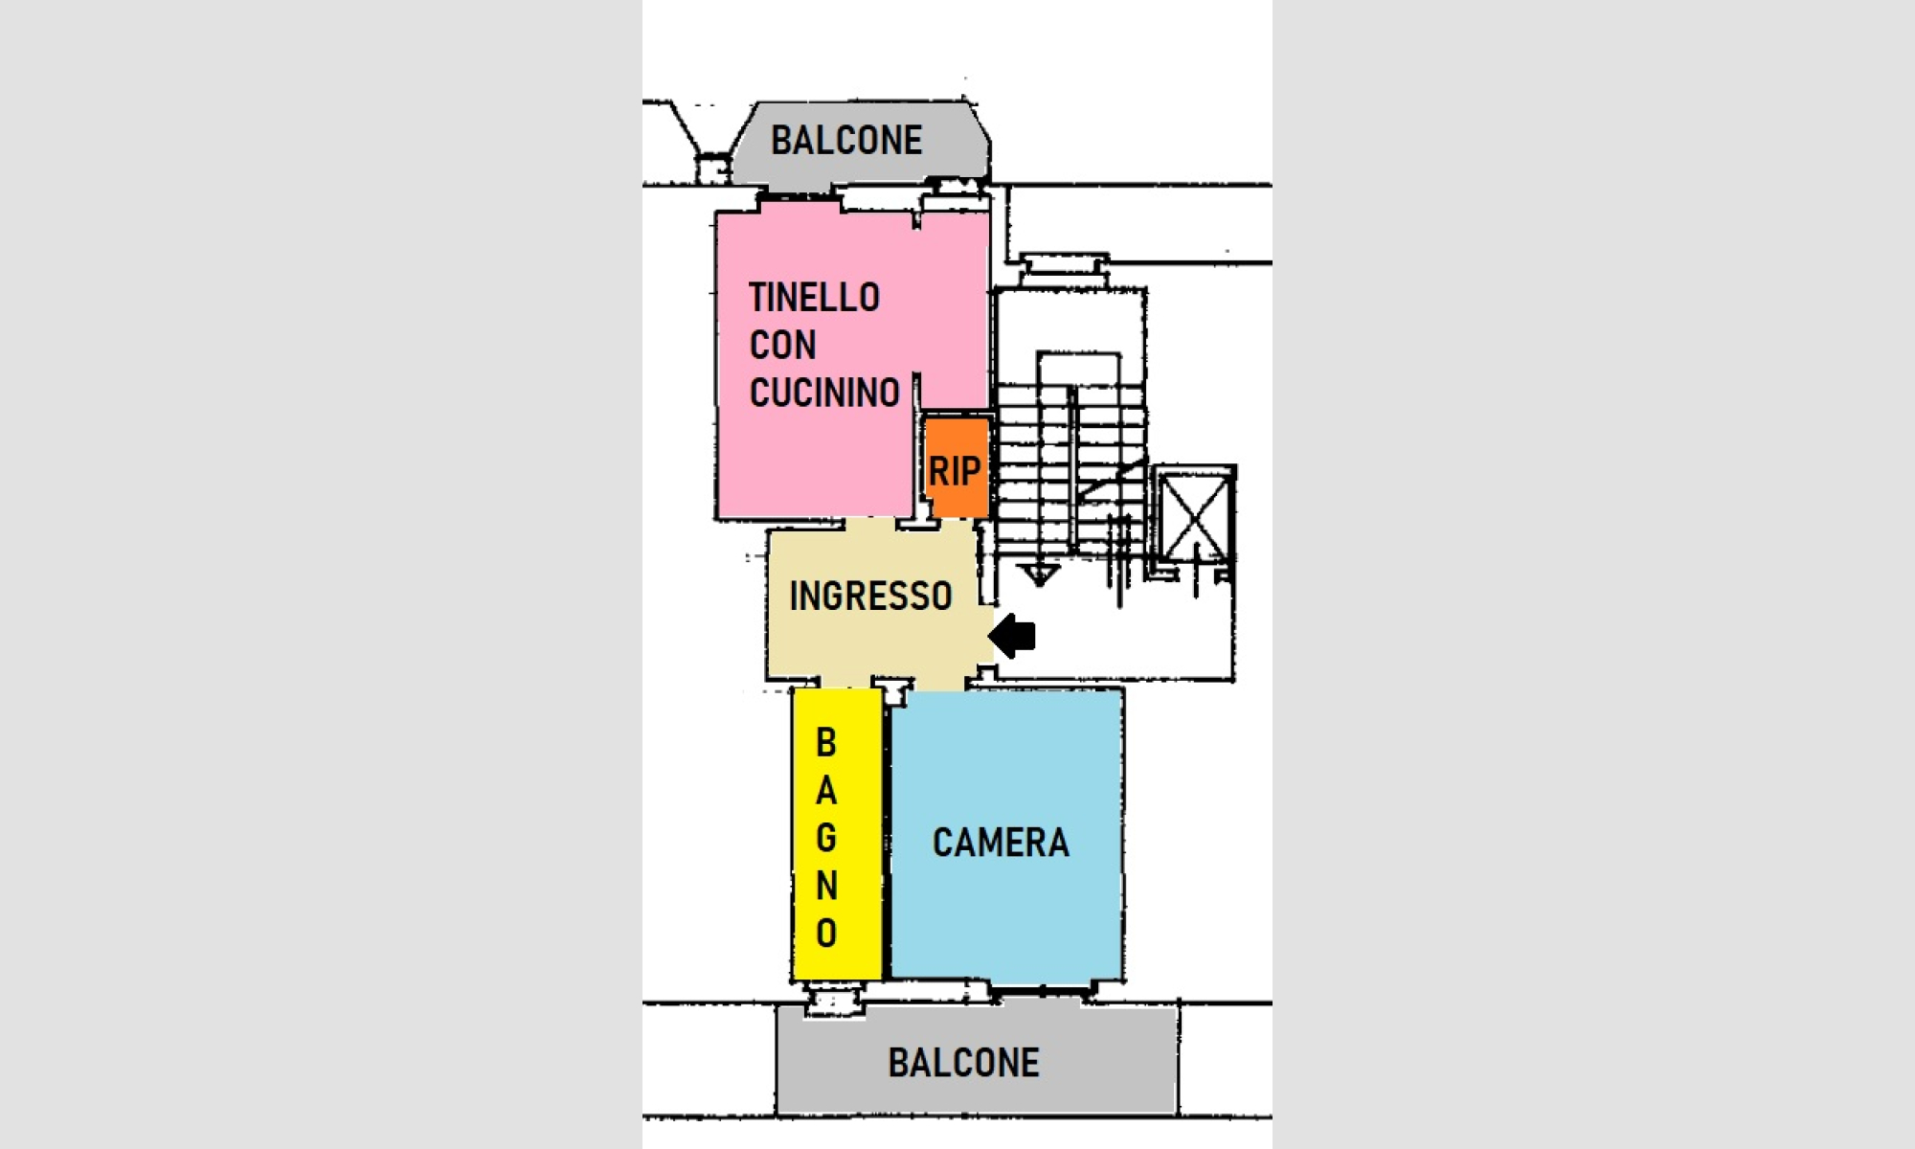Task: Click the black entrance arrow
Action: (1012, 636)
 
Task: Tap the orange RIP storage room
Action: (957, 467)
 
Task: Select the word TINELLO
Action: (814, 298)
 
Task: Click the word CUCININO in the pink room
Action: (824, 393)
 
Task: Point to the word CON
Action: (782, 345)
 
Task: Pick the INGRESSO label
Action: (870, 596)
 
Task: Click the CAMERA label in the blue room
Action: (1001, 843)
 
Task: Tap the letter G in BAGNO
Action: (826, 838)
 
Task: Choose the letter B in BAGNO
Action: (826, 743)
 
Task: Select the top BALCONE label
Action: (846, 140)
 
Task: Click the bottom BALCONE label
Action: (963, 1063)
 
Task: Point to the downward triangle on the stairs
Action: (1039, 574)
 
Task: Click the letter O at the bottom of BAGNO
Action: (826, 933)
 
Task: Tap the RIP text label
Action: (955, 471)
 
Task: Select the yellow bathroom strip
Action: (837, 835)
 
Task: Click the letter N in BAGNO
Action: (826, 886)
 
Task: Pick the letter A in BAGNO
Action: (826, 791)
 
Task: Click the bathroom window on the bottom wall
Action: (834, 1002)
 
